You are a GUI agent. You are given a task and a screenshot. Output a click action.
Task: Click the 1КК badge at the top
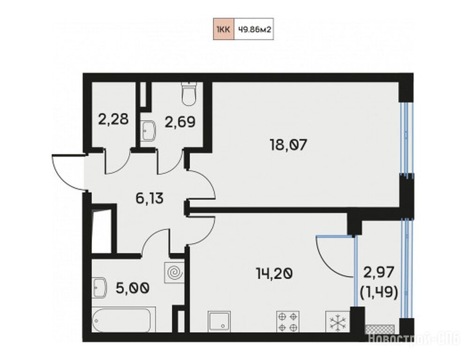point(224,29)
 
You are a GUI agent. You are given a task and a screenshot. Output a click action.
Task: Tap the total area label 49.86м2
point(254,29)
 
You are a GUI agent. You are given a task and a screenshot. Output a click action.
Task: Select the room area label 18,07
point(288,145)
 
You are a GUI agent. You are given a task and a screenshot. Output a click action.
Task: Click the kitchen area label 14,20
point(274,273)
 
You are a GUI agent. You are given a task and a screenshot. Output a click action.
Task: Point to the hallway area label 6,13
point(150,198)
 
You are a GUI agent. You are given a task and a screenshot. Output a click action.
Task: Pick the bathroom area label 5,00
point(133,288)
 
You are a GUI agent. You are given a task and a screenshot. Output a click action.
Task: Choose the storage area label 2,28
point(113,119)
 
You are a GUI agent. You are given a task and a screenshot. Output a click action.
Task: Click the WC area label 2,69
point(180,122)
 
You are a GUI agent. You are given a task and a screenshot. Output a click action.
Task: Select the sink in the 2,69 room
point(148,130)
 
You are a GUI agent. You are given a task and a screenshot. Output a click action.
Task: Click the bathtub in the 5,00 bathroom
point(124,320)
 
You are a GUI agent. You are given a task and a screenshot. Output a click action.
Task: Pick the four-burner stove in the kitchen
point(288,322)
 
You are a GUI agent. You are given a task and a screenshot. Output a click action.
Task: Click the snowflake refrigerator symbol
point(338,322)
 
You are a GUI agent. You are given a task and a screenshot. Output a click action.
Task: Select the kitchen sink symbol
point(219,322)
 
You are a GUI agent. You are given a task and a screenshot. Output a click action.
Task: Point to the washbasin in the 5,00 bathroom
point(99,288)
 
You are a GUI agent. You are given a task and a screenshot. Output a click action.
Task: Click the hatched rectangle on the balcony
point(380,329)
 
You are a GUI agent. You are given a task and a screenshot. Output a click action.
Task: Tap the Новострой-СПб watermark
point(414,339)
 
